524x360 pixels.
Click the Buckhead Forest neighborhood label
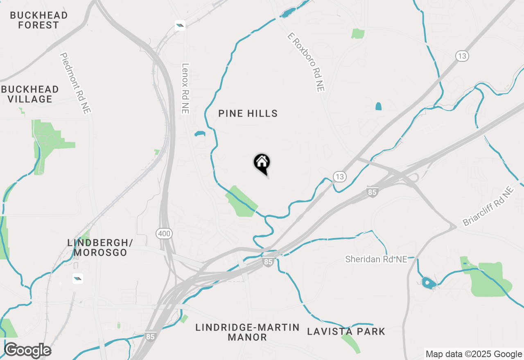click(39, 20)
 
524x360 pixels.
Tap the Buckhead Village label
click(30, 94)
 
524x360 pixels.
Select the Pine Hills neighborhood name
click(248, 114)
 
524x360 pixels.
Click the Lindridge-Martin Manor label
click(247, 332)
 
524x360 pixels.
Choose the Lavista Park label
click(346, 331)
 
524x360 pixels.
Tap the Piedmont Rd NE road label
click(75, 83)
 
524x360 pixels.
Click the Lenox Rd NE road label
click(185, 88)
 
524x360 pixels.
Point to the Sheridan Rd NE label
click(376, 259)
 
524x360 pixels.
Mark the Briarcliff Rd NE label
click(488, 207)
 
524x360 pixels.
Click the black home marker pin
click(262, 163)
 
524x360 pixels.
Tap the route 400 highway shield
click(164, 234)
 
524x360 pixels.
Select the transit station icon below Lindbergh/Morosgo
click(77, 279)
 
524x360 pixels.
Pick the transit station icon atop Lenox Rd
click(180, 25)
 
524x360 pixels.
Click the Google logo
click(27, 351)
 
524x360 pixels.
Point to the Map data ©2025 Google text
click(474, 354)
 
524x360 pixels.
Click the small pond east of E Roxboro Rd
click(378, 106)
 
